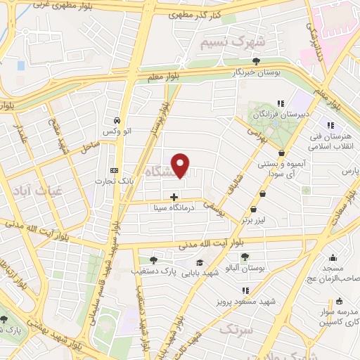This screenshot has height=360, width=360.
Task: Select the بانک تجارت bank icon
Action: pos(115,170)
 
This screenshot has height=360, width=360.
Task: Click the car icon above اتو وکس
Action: pos(117,120)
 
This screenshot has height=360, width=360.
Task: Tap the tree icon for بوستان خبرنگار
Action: pos(257,61)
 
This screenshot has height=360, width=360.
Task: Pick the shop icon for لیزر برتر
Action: pos(252,210)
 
